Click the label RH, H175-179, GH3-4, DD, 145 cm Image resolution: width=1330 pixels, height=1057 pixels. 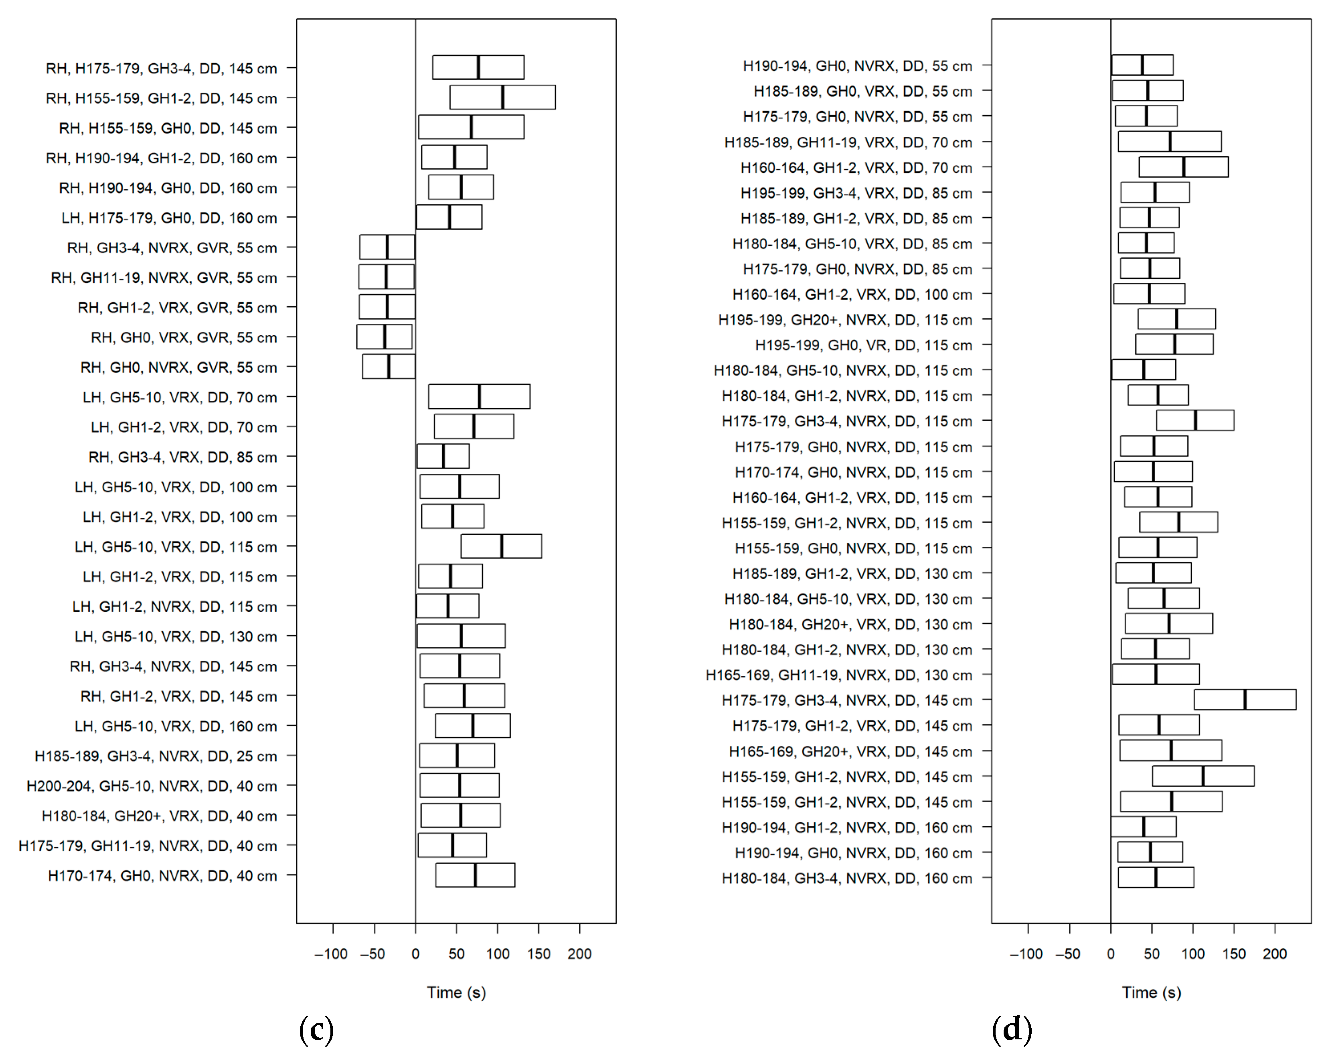(161, 69)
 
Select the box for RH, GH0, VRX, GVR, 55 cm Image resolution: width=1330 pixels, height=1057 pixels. (384, 337)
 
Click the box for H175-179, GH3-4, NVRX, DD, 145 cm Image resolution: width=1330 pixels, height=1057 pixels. (1245, 700)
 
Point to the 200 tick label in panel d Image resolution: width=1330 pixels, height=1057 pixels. (1275, 954)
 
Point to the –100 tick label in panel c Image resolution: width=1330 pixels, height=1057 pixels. (331, 954)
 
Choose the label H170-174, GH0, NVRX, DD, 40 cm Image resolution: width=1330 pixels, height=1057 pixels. (162, 876)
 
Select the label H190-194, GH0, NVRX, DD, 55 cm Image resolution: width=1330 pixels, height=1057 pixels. (858, 66)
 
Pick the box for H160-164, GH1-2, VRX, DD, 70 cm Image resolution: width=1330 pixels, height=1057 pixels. (1183, 167)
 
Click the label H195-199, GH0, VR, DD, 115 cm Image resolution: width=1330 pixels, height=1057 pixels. (864, 345)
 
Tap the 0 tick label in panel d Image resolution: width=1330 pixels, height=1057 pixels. (1110, 954)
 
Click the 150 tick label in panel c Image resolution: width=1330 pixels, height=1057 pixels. (538, 954)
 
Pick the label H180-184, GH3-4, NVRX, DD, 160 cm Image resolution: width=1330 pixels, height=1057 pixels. (847, 878)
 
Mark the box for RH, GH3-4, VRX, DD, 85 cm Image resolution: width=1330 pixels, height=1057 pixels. (443, 456)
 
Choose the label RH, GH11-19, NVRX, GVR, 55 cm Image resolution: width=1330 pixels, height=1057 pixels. (164, 278)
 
